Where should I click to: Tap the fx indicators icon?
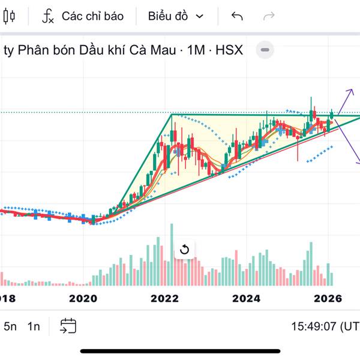[48, 16]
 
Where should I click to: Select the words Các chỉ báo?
[92, 16]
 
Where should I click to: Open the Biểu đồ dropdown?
[176, 16]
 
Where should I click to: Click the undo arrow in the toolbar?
[237, 16]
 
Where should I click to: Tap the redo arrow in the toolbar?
[269, 16]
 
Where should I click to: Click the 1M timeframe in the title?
[196, 50]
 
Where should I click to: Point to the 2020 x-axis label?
[83, 298]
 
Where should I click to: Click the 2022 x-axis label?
[164, 298]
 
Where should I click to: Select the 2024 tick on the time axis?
[247, 298]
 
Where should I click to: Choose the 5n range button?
[10, 326]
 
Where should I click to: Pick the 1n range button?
[34, 326]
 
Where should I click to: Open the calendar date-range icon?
[68, 326]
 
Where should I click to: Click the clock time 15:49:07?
[314, 326]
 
